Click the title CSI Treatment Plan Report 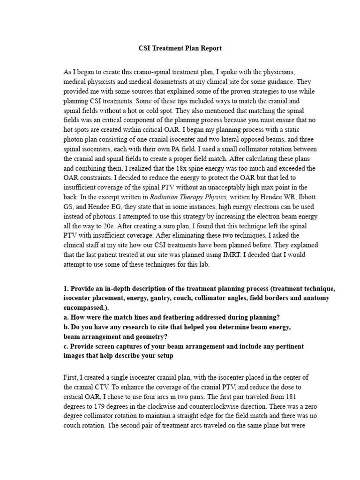(180, 48)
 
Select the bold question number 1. (65, 289)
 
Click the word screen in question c (105, 346)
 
